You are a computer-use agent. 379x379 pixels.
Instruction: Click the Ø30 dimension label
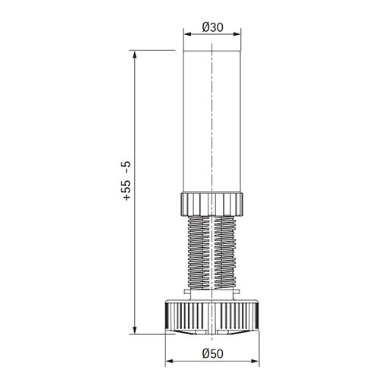[213, 27]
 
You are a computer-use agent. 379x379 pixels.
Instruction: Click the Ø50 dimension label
[213, 354]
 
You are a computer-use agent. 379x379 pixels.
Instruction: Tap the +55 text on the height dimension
[127, 190]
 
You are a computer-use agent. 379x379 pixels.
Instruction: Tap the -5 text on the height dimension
[127, 168]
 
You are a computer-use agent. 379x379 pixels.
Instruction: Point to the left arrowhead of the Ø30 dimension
[187, 34]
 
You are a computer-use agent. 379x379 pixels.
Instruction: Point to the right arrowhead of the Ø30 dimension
[237, 34]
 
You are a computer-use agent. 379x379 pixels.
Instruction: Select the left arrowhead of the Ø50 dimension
[169, 361]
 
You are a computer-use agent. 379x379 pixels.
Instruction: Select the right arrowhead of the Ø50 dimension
[255, 361]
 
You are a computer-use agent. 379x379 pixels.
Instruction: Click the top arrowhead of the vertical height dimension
[135, 55]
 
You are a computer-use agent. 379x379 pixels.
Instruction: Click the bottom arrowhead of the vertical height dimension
[135, 330]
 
